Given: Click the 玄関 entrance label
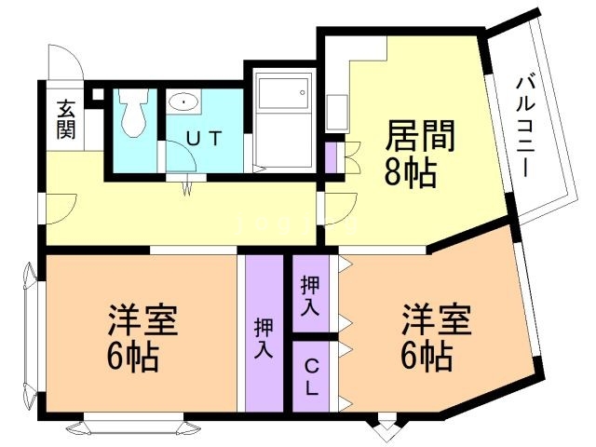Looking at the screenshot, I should click(65, 118).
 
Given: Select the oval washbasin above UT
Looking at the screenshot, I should click(185, 102).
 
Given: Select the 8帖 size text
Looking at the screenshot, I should click(410, 173).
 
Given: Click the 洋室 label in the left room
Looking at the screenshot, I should click(143, 321).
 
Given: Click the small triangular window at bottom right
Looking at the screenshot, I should click(385, 429).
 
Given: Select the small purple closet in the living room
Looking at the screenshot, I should click(331, 156).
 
